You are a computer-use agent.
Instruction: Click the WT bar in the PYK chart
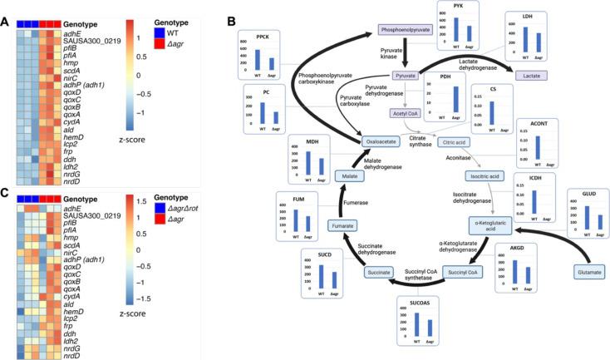[455, 29]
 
